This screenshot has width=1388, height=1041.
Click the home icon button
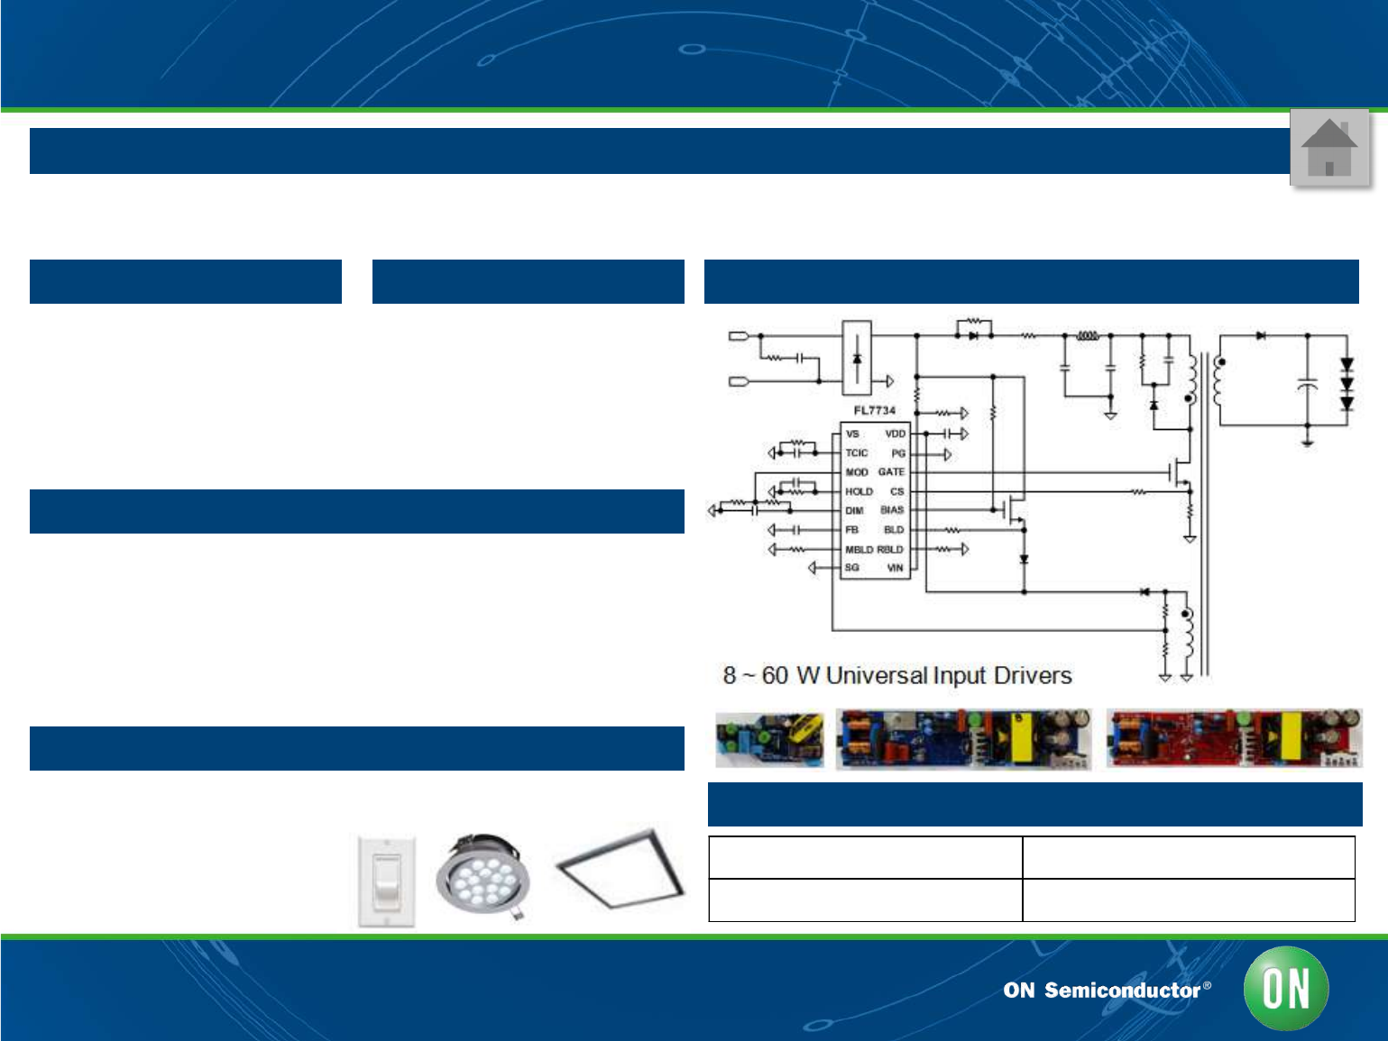1329,148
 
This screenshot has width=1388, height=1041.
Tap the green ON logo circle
1286,988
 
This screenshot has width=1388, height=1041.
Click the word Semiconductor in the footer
1122,991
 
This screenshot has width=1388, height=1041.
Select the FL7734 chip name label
875,411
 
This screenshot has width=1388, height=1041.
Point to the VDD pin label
895,434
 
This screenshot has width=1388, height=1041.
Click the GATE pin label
891,472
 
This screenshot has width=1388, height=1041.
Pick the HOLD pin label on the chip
859,492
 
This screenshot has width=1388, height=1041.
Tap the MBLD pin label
859,550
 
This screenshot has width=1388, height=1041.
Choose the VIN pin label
895,569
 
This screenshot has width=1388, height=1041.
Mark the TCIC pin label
857,453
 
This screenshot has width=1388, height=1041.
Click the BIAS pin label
892,510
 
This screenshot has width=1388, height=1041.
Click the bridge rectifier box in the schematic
857,358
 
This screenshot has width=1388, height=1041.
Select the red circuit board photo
1233,738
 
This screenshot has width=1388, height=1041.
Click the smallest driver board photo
769,739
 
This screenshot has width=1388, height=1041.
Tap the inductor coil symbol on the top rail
1088,335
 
